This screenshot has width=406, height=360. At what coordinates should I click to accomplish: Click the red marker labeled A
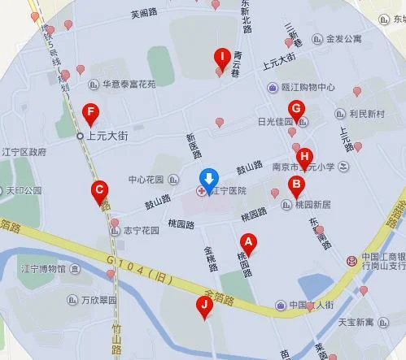tap(249, 241)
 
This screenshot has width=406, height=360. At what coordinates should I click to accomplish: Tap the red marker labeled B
tap(298, 185)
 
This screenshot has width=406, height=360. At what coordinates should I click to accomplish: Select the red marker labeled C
tap(99, 193)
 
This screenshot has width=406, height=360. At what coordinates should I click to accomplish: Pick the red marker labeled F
tap(91, 111)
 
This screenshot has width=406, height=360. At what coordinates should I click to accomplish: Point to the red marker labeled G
tap(298, 109)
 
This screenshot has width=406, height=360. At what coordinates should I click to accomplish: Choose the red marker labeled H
tap(304, 157)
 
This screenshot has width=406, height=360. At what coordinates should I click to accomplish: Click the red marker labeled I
tap(220, 58)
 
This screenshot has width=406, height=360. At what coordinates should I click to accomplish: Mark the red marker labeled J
tap(205, 306)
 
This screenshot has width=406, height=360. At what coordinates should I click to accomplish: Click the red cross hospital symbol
tap(202, 190)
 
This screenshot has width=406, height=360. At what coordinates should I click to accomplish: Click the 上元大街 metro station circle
tap(80, 136)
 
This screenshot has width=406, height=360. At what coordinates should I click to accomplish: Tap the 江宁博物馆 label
tap(51, 268)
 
